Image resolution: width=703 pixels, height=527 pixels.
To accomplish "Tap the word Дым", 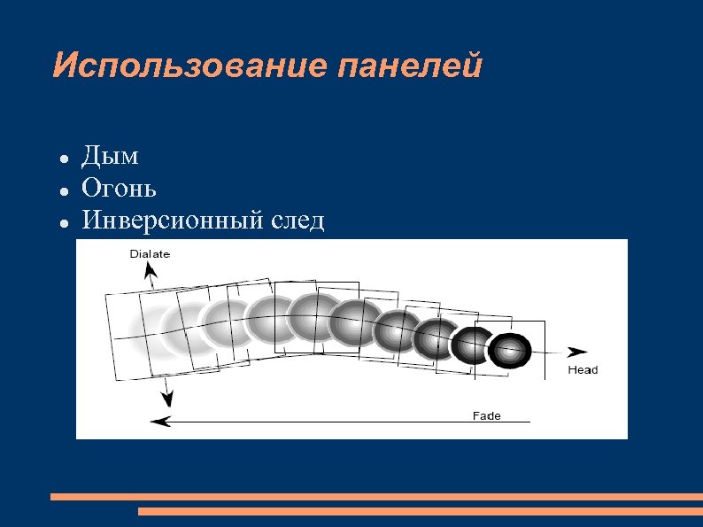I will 110,158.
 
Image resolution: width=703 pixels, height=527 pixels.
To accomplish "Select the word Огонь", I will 119,189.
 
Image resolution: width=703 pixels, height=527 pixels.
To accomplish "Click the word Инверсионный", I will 169,220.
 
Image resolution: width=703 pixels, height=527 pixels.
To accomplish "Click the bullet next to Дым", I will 65,160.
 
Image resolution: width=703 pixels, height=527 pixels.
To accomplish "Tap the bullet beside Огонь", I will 65,191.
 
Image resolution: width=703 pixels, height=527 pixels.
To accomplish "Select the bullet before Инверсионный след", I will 65,222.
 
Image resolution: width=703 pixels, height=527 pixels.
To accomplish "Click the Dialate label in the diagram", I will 150,253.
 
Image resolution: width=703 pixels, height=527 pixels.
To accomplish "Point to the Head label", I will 583,369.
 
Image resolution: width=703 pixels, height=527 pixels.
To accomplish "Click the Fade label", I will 486,415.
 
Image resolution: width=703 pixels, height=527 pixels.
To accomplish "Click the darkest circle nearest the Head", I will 509,352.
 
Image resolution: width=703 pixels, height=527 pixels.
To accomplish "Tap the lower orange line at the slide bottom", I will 421,511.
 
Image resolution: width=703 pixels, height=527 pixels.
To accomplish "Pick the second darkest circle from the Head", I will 473,345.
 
